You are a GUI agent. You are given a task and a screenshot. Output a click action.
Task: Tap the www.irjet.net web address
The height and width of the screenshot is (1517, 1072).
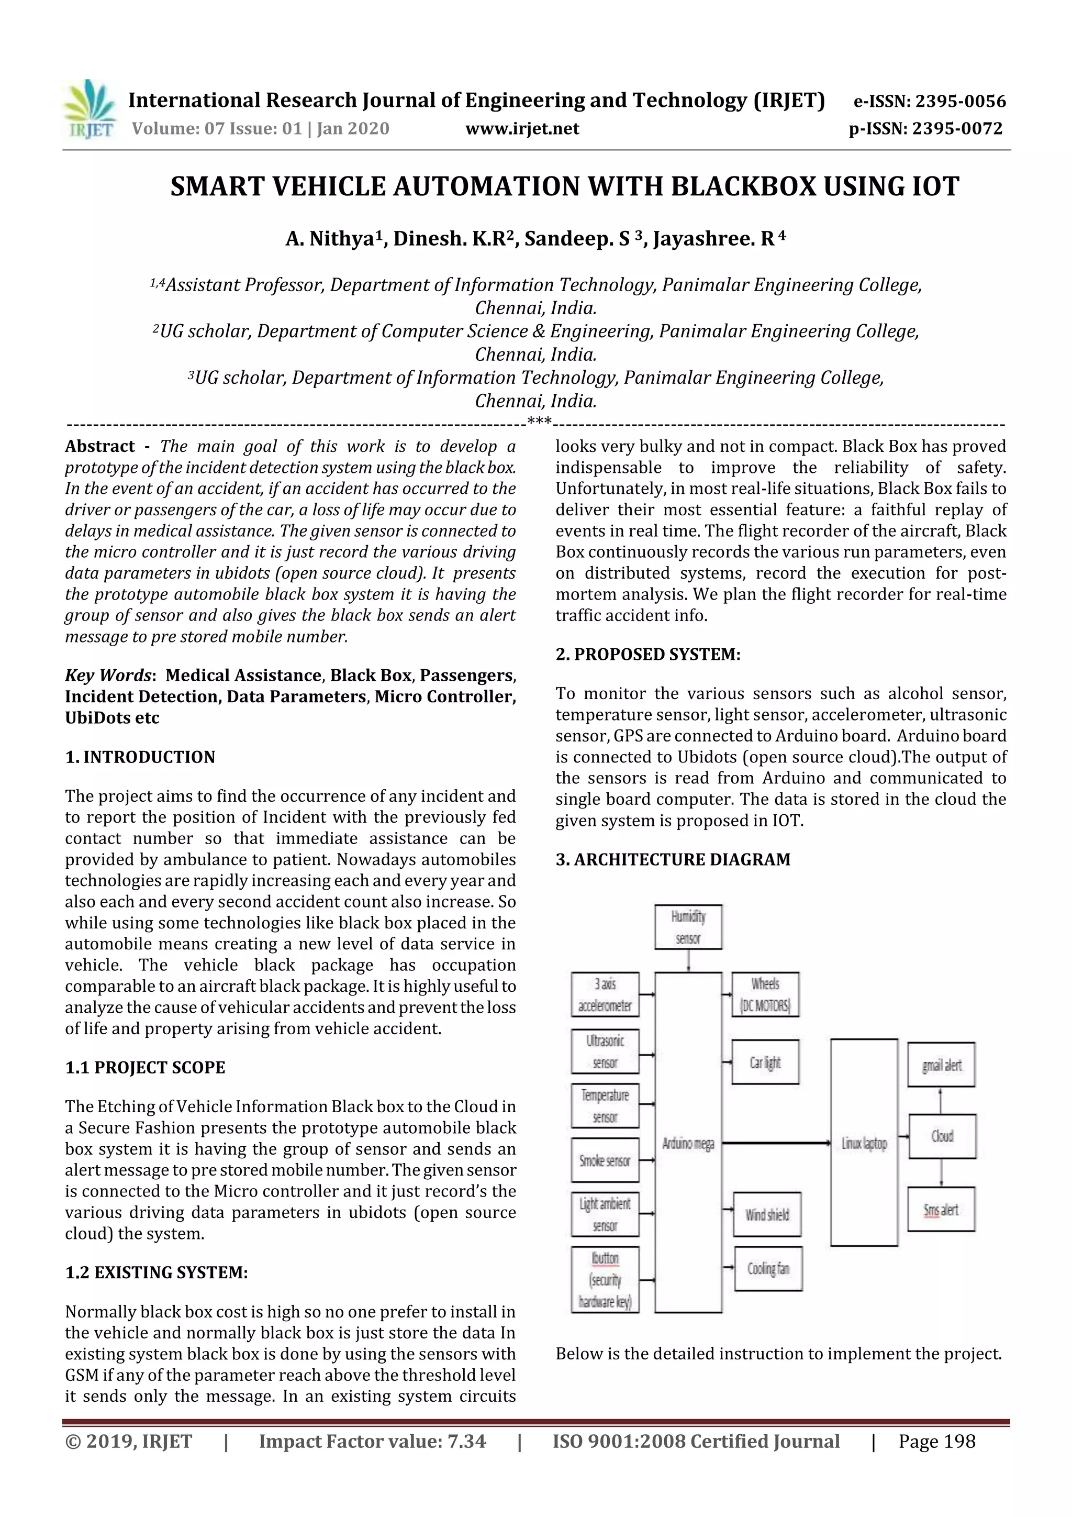[522, 129]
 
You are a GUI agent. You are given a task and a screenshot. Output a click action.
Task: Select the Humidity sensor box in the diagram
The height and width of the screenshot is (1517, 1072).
[688, 927]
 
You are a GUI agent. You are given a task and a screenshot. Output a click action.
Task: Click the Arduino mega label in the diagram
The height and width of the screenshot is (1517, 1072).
[688, 1143]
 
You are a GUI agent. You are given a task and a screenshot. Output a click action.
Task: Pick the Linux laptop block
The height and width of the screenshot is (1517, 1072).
[864, 1143]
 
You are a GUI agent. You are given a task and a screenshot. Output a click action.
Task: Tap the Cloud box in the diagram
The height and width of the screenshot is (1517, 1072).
[942, 1136]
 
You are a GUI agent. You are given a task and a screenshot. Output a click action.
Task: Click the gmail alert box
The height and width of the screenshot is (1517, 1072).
[941, 1065]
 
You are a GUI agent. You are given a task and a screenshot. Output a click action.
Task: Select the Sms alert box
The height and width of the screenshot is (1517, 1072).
[941, 1210]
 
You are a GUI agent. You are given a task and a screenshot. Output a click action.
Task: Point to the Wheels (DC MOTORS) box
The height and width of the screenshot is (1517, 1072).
[765, 994]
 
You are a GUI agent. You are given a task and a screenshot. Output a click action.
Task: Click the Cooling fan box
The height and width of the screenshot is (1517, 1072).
[767, 1269]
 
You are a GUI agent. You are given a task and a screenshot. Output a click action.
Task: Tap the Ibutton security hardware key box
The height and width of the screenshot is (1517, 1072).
[605, 1280]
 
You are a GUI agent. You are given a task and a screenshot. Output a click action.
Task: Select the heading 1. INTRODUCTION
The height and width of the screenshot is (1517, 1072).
[140, 757]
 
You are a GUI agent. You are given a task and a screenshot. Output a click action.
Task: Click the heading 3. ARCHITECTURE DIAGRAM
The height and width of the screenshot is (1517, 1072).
[673, 860]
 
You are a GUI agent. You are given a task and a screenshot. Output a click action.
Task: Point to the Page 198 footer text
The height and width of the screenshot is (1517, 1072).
[936, 1442]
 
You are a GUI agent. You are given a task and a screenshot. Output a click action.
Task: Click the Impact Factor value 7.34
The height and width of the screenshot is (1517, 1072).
[372, 1442]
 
